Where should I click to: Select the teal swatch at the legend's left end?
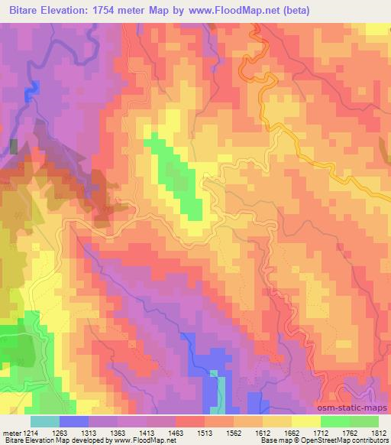(45, 422)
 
